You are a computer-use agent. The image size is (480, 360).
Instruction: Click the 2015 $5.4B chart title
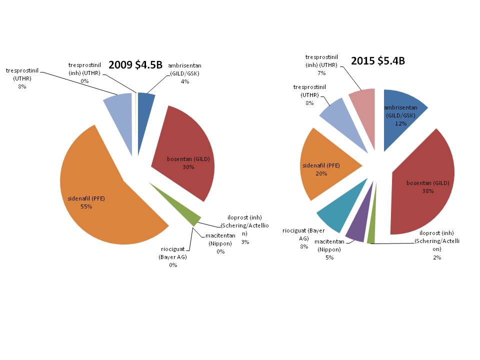point(377,61)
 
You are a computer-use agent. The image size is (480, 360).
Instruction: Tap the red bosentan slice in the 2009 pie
point(190,145)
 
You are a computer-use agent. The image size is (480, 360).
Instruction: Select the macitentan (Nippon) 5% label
point(328,249)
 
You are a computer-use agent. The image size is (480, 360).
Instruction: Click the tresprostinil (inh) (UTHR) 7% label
point(321,65)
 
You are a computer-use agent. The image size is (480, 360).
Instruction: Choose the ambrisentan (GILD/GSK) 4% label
point(184,73)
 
